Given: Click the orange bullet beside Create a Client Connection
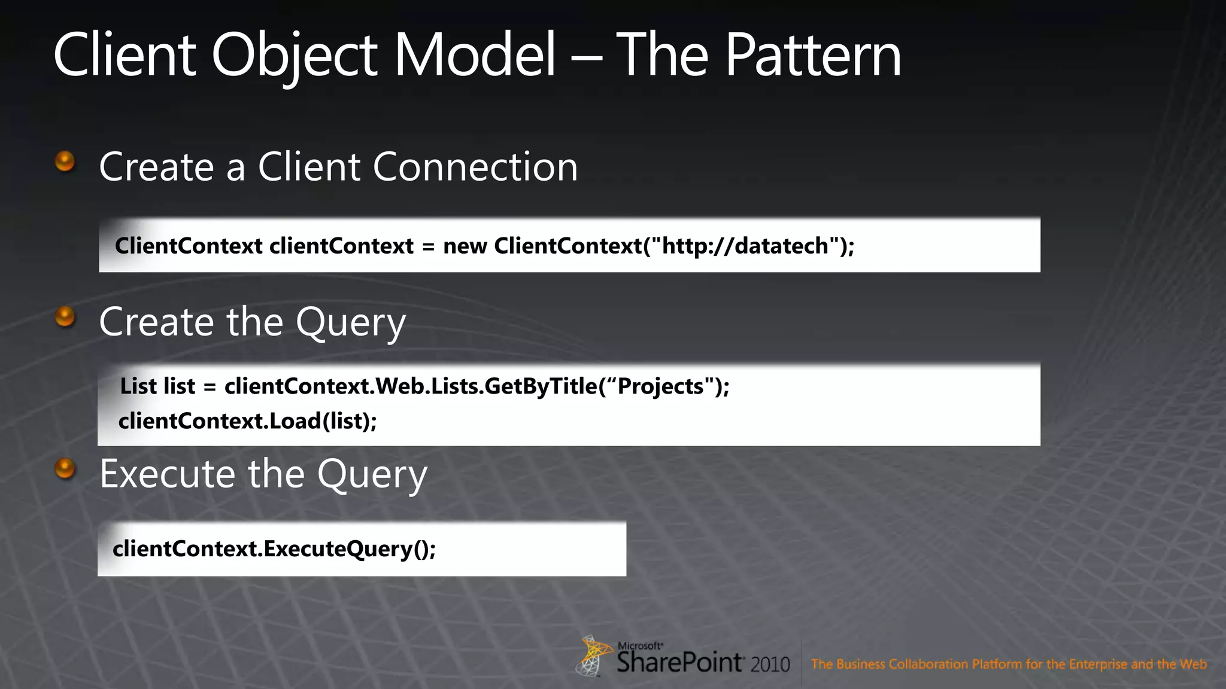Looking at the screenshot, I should (65, 161).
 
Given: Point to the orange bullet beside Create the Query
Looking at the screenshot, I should (65, 317).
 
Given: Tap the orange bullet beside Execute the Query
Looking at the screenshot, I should (65, 469).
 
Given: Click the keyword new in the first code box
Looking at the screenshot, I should (465, 246).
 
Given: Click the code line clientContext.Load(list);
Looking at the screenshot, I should (248, 421).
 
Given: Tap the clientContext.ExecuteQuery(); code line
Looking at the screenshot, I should (274, 548).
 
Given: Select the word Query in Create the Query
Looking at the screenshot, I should (351, 323).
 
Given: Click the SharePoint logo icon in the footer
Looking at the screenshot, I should (593, 656).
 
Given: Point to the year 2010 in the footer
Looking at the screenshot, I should (770, 664).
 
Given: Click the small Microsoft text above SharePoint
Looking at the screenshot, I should (639, 646).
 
